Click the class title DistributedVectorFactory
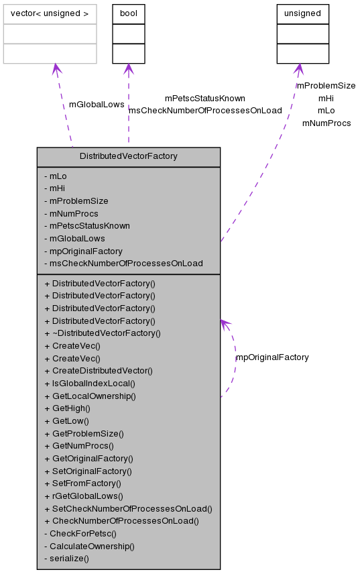(128, 156)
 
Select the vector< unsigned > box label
(50, 13)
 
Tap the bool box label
(128, 13)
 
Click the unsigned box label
(303, 13)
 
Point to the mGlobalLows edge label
(97, 105)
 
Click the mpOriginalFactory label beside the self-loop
(272, 357)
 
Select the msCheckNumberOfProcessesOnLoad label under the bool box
(205, 111)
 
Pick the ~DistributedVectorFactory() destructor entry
(102, 333)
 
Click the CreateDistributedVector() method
(98, 371)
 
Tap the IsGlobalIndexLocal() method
(89, 384)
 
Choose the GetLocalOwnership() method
(90, 396)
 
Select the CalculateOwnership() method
(89, 546)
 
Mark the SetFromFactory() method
(82, 483)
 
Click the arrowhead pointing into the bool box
(128, 68)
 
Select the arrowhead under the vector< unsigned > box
(56, 68)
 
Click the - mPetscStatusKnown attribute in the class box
(87, 226)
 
